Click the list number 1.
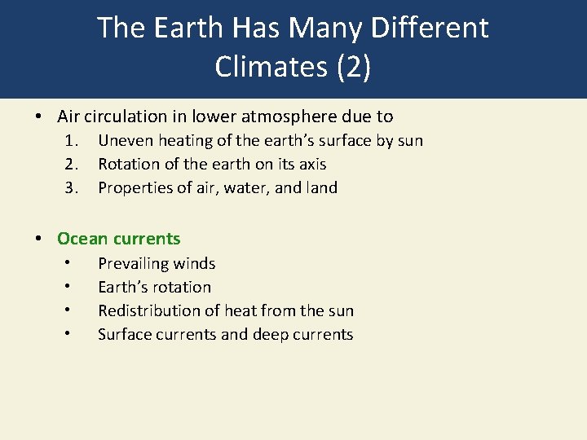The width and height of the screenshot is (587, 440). tap(73, 140)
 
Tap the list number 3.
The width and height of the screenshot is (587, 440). tap(73, 187)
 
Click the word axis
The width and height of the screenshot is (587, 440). tap(311, 164)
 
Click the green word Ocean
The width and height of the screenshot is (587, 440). tap(82, 239)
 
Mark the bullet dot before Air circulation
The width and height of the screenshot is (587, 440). tap(39, 117)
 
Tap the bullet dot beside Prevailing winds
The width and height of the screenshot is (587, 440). tap(71, 263)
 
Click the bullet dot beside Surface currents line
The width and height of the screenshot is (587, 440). tap(71, 334)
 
